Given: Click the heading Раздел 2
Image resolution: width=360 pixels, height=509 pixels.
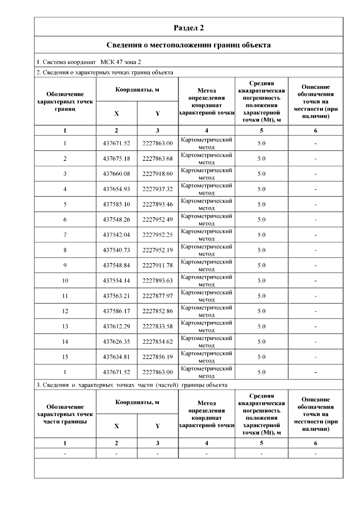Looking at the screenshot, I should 189,28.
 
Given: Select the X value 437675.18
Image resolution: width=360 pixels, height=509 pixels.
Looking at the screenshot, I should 116,159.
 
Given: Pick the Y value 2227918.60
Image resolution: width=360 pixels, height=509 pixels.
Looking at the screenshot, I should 157,174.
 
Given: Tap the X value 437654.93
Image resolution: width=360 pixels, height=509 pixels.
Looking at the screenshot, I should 116,189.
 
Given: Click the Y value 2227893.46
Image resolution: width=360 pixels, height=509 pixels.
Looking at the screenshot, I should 157,204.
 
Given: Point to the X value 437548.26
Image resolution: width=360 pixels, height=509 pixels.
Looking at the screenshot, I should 116,220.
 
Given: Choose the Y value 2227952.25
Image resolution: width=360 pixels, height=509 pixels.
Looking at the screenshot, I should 157,235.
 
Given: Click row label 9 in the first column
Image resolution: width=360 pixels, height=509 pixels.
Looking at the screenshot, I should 65,265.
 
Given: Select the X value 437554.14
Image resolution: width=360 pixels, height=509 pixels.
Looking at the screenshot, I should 116,281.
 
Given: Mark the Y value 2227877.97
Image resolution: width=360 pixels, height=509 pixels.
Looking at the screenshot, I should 157,296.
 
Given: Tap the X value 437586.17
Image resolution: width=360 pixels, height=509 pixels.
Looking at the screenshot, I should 116,311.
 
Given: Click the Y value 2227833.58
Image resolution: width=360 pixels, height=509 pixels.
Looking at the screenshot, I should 157,326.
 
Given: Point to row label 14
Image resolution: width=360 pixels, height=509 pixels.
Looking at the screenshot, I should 65,342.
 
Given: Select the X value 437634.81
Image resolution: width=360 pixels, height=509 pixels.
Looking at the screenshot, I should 116,357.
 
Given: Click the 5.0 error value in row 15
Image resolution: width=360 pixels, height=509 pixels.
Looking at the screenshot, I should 261,357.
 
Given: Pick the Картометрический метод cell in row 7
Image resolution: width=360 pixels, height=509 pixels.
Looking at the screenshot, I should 206,235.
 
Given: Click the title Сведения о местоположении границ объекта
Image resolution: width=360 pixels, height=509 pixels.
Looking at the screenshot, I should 189,45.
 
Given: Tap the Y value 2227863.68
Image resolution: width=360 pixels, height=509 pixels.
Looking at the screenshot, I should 157,159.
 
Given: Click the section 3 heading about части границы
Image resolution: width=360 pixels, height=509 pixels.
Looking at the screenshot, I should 132,385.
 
